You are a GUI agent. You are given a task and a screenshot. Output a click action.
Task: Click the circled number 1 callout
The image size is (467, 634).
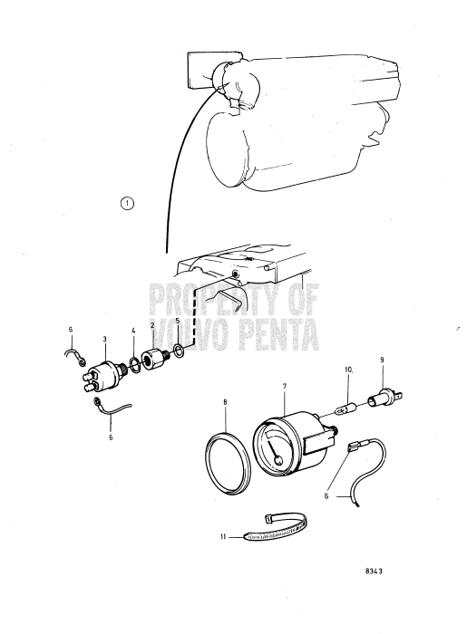coord(128,204)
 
